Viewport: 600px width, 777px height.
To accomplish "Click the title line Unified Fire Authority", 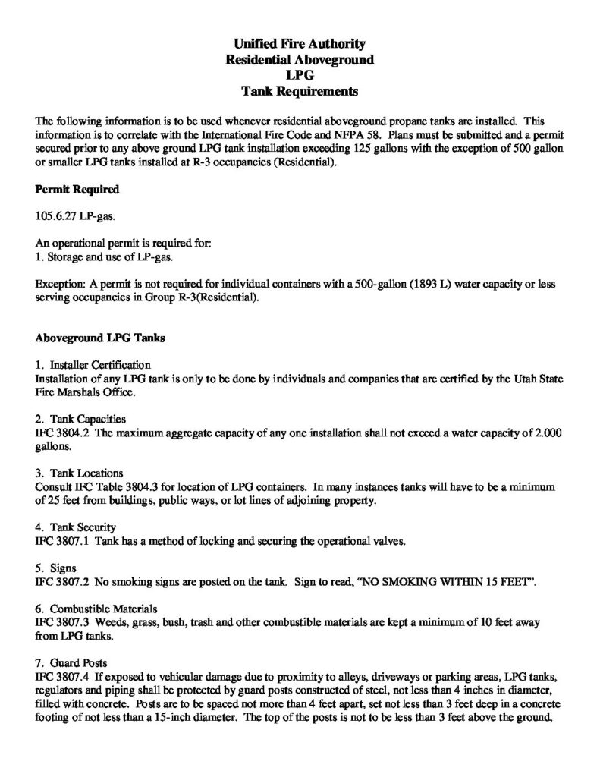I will coord(300,45).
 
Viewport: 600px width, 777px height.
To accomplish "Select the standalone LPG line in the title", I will coord(300,77).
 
